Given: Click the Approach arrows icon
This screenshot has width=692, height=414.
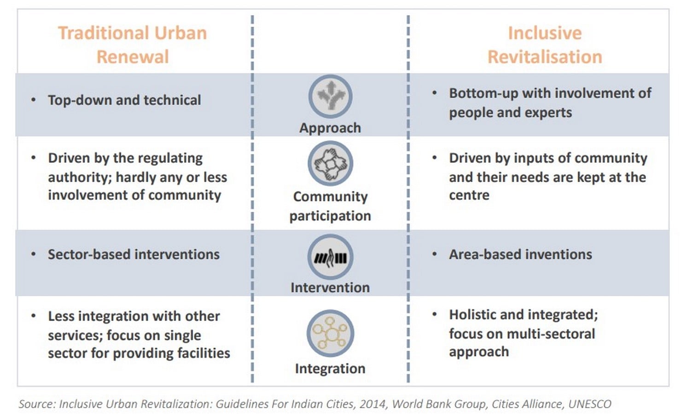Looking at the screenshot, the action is (330, 96).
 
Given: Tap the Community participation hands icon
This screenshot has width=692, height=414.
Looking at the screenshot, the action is (330, 163).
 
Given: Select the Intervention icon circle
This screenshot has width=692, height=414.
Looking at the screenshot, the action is (330, 257).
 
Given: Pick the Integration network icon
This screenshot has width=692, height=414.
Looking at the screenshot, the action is (330, 333).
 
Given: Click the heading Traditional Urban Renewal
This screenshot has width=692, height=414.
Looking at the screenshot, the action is (133, 45).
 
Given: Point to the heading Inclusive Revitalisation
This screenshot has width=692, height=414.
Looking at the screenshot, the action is (545, 45).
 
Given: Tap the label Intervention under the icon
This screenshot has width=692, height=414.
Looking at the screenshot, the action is (330, 287).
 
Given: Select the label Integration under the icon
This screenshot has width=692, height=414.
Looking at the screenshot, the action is (330, 369).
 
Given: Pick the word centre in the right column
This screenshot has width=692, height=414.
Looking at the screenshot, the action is (469, 195).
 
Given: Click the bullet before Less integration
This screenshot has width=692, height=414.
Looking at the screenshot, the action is (33, 316).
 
